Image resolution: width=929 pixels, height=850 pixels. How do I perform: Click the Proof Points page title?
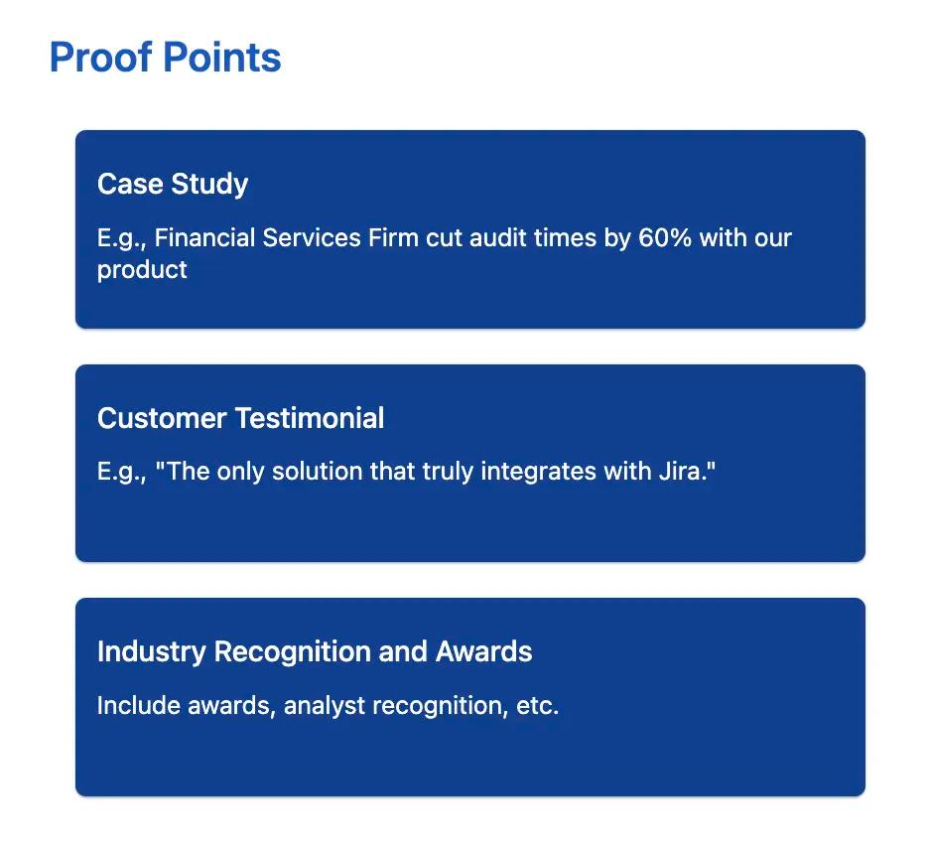tap(165, 58)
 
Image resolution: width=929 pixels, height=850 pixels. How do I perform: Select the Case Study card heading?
tap(173, 184)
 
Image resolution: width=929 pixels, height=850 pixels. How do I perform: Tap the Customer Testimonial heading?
tap(240, 418)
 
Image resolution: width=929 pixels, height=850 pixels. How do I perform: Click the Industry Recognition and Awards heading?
tap(315, 651)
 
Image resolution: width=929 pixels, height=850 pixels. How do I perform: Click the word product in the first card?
tap(142, 269)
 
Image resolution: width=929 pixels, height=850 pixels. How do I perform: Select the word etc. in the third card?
tap(538, 706)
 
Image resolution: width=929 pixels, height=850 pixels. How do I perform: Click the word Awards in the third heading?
tap(484, 651)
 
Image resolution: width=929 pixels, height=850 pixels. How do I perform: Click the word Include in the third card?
tap(138, 706)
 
